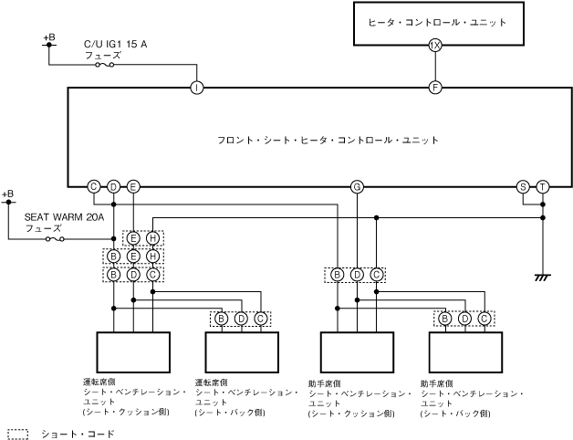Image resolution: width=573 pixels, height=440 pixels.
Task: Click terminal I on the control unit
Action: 197,88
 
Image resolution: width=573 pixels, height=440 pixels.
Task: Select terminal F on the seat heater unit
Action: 435,88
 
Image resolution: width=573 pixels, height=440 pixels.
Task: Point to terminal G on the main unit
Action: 357,186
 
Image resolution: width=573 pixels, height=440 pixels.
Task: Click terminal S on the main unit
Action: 523,186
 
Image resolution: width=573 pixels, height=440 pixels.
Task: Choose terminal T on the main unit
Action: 542,186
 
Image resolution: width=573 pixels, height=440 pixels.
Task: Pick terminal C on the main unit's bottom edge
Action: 94,186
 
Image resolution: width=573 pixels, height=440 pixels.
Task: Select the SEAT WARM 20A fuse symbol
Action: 54,239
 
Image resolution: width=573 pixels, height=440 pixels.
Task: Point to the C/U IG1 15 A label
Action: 115,43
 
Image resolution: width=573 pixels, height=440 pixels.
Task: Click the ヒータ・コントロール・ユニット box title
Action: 435,22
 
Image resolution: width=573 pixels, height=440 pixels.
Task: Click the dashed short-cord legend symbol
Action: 17,434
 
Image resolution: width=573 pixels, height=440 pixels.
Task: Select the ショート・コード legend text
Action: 78,434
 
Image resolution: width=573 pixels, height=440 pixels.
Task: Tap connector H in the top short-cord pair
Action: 152,238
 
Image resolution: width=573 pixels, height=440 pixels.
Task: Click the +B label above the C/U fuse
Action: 49,37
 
